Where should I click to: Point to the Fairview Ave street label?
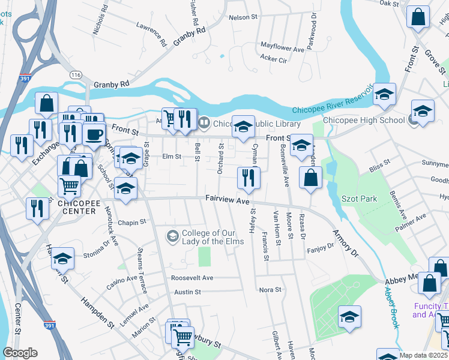(x=227, y=202)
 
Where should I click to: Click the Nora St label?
(x=270, y=290)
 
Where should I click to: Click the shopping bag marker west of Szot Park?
(x=310, y=178)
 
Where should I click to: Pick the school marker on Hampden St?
(x=62, y=259)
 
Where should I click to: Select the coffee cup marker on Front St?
(x=93, y=134)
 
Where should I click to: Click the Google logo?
(x=20, y=353)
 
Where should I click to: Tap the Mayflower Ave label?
(x=282, y=46)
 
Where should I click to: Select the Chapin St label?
(x=133, y=222)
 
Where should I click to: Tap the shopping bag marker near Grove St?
(x=418, y=17)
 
